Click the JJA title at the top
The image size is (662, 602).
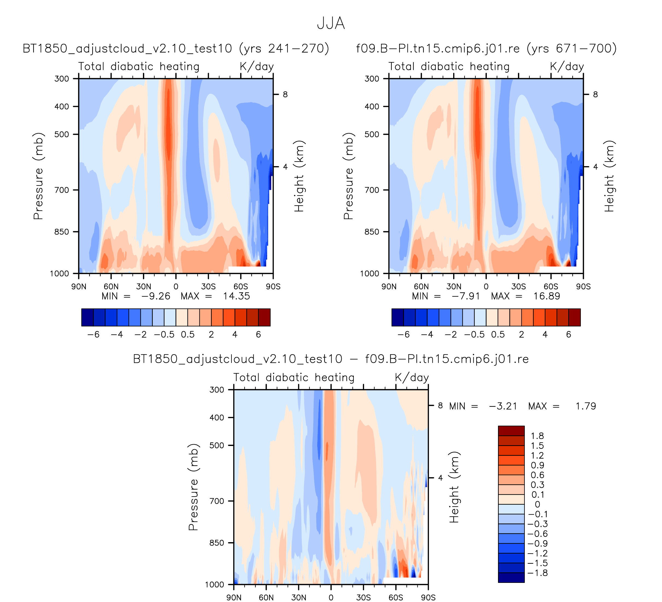tap(331, 24)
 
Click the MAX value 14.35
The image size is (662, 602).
tap(236, 296)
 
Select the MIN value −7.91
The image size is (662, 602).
tap(466, 296)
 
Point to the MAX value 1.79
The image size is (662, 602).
tap(585, 406)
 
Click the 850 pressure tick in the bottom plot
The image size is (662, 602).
tap(217, 543)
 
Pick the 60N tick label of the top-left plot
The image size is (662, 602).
tap(111, 287)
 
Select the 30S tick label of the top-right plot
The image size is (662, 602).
tap(519, 287)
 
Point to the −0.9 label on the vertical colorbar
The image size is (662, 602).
tap(538, 544)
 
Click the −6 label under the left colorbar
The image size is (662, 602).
tap(93, 335)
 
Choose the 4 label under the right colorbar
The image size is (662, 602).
tap(545, 335)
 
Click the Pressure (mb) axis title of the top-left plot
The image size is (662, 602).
tap(39, 176)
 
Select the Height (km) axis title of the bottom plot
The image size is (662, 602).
tap(454, 487)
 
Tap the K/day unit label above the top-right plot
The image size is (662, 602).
tap(567, 67)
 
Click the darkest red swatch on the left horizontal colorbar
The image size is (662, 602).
tap(264, 318)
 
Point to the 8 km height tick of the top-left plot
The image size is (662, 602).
tap(285, 95)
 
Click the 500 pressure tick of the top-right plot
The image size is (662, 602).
tap(372, 134)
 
